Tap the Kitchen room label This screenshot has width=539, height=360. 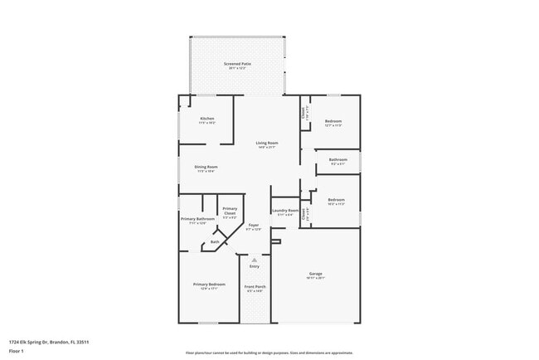[x=206, y=119]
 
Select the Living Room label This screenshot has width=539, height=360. [x=266, y=144]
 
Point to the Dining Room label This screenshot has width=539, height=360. [x=206, y=168]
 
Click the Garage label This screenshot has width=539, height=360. [x=315, y=274]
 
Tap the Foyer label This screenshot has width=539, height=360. [x=253, y=225]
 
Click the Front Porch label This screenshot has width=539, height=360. [x=254, y=287]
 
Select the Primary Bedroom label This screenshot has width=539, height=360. [x=209, y=285]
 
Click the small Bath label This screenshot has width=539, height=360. [x=215, y=242]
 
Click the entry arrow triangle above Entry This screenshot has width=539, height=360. [x=254, y=259]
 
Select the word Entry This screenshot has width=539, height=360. [x=254, y=266]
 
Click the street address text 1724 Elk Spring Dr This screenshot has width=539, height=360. [x=49, y=341]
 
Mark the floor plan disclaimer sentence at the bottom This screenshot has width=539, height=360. [x=269, y=353]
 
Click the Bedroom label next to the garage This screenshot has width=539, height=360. [x=336, y=200]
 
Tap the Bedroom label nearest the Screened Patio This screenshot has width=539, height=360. [x=333, y=122]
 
